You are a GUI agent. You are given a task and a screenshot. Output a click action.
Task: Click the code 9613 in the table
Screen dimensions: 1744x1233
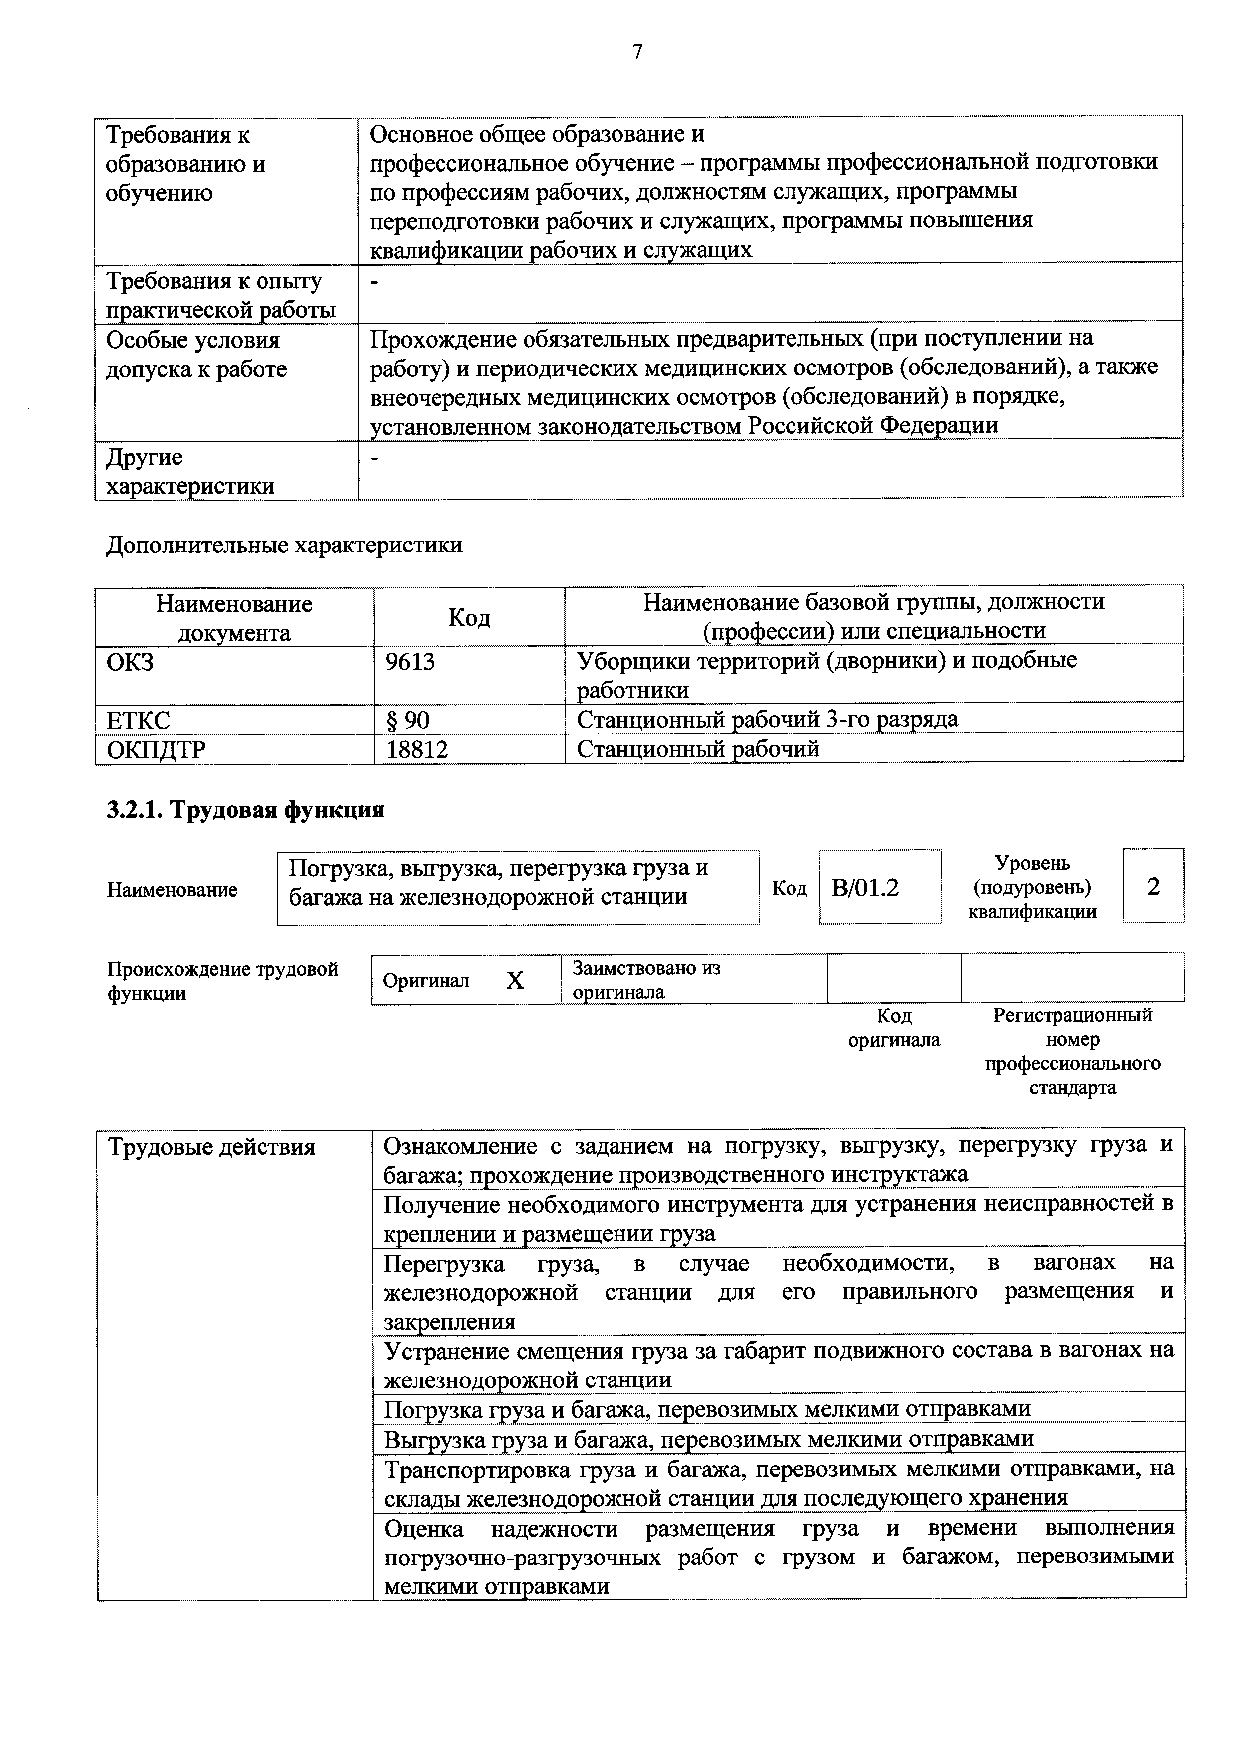click(410, 662)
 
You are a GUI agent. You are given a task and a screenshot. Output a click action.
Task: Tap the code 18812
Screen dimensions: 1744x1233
click(417, 750)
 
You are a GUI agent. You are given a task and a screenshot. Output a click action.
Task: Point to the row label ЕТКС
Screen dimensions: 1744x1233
click(138, 719)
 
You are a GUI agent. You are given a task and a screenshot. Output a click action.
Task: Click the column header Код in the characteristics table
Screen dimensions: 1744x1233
click(469, 617)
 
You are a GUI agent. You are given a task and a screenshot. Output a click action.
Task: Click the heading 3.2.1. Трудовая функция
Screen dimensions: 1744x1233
click(245, 810)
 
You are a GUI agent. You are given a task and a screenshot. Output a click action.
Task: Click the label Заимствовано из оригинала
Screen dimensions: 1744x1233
click(646, 980)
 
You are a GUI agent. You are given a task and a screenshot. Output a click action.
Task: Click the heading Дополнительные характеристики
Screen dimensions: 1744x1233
click(284, 546)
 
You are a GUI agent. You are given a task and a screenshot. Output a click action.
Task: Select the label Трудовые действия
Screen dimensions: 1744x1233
click(211, 1147)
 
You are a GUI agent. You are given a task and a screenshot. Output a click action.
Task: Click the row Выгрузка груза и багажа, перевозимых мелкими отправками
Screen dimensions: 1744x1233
click(708, 1439)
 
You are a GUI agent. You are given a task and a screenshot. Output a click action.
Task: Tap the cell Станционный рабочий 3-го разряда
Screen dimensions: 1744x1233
click(767, 719)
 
